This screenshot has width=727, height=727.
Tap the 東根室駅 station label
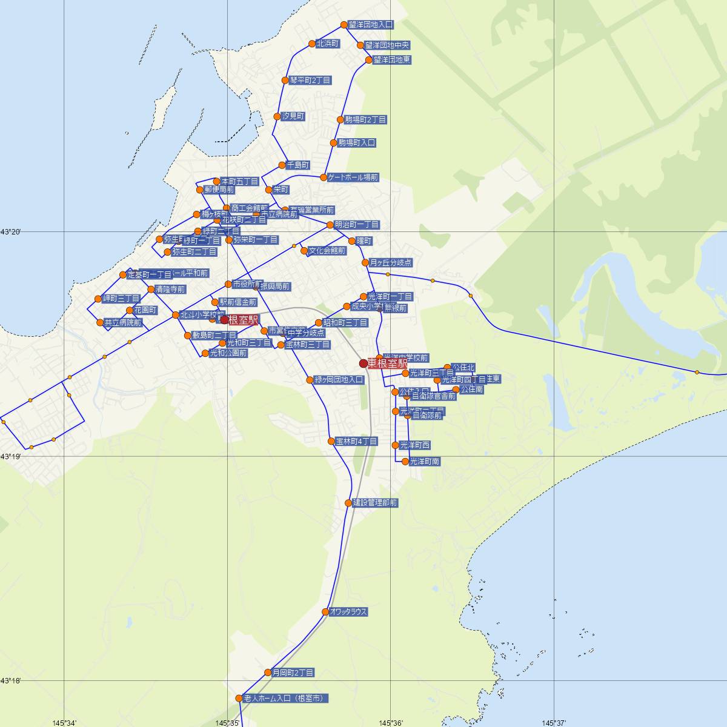[387, 363]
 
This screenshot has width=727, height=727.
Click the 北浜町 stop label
[327, 44]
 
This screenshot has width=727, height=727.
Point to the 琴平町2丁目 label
[310, 80]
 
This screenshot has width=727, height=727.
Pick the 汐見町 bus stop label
[293, 116]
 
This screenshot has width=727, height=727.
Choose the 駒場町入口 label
[357, 143]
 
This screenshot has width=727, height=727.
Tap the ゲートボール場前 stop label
[353, 178]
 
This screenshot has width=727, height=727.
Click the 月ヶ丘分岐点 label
[391, 263]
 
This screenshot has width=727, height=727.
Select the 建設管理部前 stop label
[375, 503]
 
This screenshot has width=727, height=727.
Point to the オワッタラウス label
[349, 612]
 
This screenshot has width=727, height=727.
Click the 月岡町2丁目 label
[293, 672]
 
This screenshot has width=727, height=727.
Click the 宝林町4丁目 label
[356, 442]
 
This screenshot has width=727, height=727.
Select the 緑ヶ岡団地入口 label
[339, 380]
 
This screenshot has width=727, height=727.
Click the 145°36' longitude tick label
[391, 722]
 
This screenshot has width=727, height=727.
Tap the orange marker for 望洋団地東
[369, 60]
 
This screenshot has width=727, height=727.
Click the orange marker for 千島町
[282, 165]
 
